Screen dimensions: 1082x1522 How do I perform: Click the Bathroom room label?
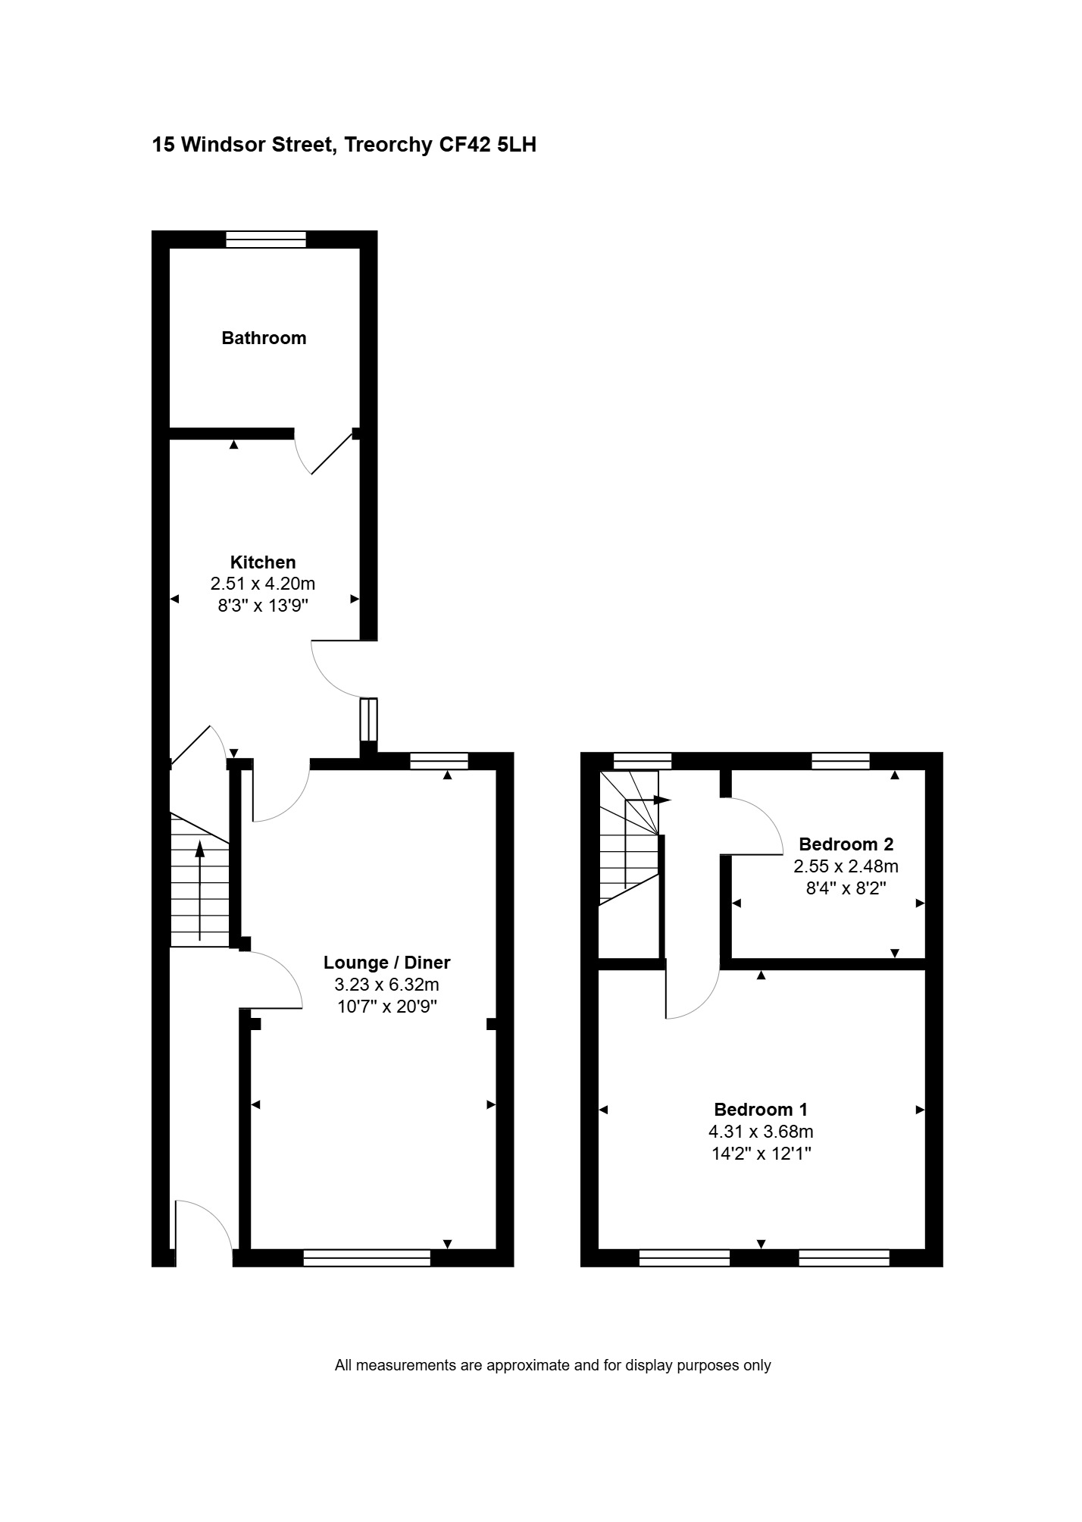[x=264, y=338]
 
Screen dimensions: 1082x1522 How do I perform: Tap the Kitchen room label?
[x=263, y=562]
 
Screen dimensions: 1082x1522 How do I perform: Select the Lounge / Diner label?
[x=387, y=963]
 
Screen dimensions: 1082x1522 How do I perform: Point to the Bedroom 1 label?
[x=761, y=1110]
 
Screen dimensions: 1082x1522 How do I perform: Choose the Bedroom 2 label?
[x=846, y=844]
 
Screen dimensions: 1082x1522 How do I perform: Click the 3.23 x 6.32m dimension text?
[x=387, y=985]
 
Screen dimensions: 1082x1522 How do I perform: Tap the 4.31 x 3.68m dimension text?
[x=761, y=1132]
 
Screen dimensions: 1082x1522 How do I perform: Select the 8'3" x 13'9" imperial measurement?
[x=263, y=606]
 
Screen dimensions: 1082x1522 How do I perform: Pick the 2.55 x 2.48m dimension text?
[x=846, y=866]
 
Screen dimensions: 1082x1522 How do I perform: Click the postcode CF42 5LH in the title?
[x=488, y=145]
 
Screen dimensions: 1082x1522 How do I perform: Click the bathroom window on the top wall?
[x=266, y=240]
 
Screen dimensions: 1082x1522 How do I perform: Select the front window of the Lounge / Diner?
[x=367, y=1258]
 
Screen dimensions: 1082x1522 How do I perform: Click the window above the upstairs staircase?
[x=643, y=761]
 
